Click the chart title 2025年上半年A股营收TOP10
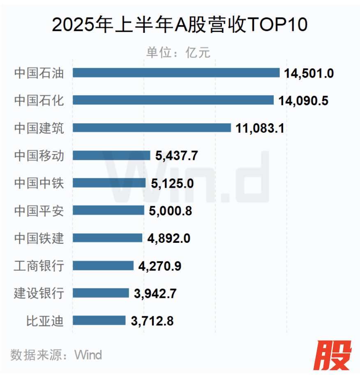point(180,25)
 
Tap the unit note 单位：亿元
point(178,53)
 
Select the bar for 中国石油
point(176,73)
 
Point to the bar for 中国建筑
point(152,128)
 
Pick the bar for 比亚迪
point(99,320)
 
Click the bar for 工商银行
point(103,265)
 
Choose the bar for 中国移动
point(112,155)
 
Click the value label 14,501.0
point(308,74)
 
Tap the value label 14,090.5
point(303,101)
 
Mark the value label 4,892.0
point(168,238)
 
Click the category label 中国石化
point(39,100)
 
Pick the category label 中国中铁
point(39,183)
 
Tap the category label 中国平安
point(39,210)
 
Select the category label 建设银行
point(39,293)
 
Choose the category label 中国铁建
point(39,238)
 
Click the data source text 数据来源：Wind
point(56,355)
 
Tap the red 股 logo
point(333,355)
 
